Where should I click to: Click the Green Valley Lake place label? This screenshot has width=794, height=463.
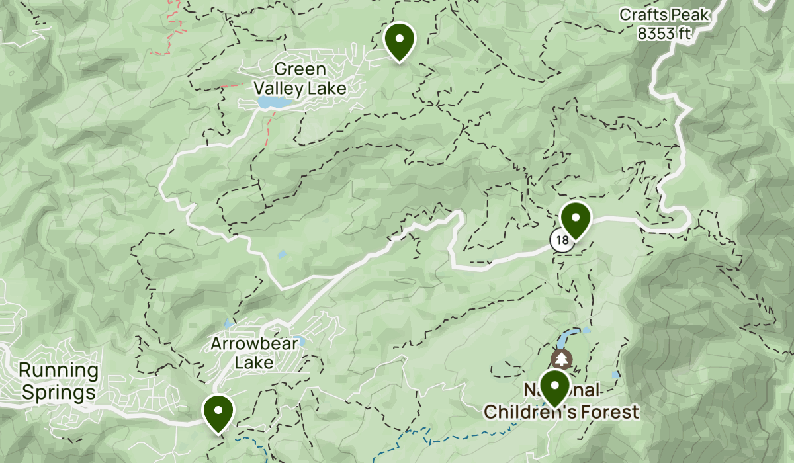300,78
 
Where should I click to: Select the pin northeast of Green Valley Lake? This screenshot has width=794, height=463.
399,40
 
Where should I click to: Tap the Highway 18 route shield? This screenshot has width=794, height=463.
562,241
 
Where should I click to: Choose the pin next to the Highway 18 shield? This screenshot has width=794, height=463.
575,220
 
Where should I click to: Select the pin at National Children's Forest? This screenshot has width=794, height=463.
554,387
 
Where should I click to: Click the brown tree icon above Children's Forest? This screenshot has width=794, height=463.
562,359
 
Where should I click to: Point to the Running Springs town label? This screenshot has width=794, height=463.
58,382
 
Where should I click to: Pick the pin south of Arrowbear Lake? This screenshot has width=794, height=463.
218,412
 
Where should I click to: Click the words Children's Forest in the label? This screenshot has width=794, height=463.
561,412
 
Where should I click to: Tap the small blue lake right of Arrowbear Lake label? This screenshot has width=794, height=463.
299,341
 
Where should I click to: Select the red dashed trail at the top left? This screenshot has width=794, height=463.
173,26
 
